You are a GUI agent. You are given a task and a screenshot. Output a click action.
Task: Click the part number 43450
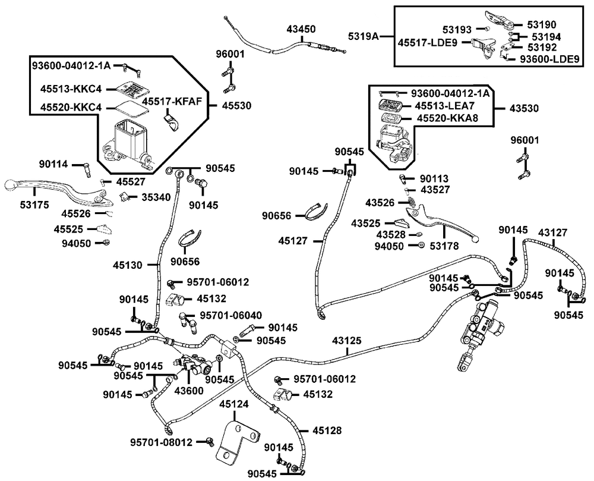point(301,29)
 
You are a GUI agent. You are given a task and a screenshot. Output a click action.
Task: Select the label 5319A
point(364,36)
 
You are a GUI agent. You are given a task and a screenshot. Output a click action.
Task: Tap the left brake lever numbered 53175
point(57,191)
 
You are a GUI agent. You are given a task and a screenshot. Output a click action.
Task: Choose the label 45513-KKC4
point(71,89)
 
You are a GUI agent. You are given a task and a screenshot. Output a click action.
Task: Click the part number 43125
point(347,340)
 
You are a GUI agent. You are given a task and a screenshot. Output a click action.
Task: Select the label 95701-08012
point(162,442)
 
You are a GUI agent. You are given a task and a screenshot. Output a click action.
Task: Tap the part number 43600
point(189,390)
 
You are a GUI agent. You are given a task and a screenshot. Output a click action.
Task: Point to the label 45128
point(327,430)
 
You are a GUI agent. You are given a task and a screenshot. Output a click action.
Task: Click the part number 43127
point(553,232)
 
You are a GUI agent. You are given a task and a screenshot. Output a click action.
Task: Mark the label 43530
point(524,108)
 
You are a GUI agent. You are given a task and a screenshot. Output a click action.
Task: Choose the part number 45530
point(236,105)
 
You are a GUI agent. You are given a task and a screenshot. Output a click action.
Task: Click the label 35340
point(156,197)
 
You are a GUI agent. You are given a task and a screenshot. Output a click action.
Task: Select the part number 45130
point(127,265)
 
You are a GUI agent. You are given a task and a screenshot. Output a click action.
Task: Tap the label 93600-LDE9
point(549,59)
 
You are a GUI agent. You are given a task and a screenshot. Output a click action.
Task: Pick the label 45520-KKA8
point(447,118)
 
